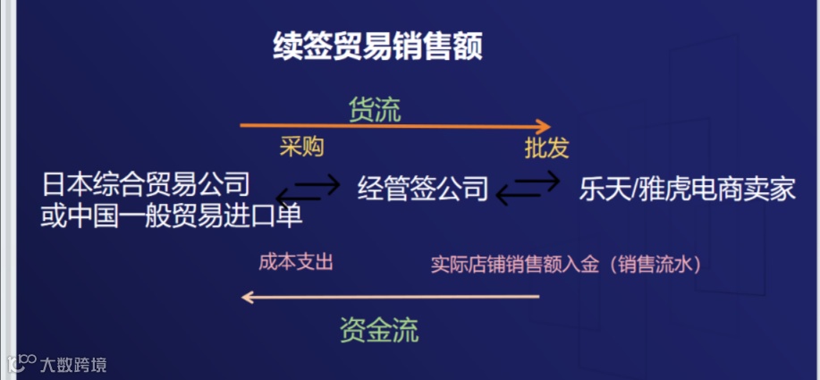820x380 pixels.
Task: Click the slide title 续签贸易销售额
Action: [377, 46]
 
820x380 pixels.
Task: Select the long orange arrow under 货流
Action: [393, 126]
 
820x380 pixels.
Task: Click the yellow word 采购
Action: [301, 147]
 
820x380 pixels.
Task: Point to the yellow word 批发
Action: [546, 148]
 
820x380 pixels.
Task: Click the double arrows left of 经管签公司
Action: [309, 189]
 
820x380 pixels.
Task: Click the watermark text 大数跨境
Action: [72, 364]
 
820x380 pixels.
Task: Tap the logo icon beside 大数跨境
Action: [21, 363]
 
